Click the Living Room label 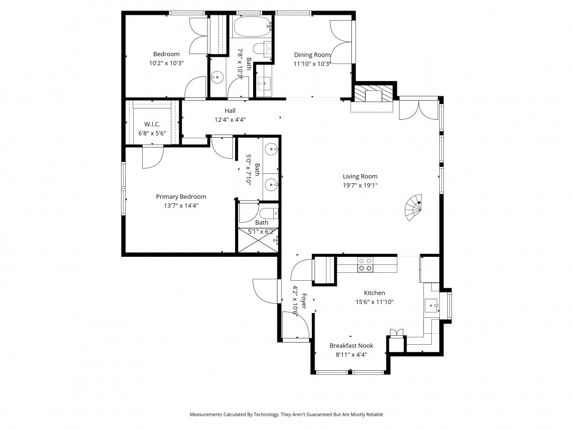point(360,176)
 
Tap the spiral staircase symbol point(413,207)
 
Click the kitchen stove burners point(365,264)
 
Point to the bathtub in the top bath point(253,26)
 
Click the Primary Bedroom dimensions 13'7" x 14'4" point(181,205)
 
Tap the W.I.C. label point(152,124)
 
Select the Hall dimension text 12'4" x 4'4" point(230,120)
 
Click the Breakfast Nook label point(351,346)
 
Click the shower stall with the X point(258,240)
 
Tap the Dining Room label point(312,55)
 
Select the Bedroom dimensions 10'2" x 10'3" point(166,63)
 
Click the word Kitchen point(374,293)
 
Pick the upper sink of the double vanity point(271,148)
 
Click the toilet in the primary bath point(268,213)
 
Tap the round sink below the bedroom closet point(217,77)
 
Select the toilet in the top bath point(263,49)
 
